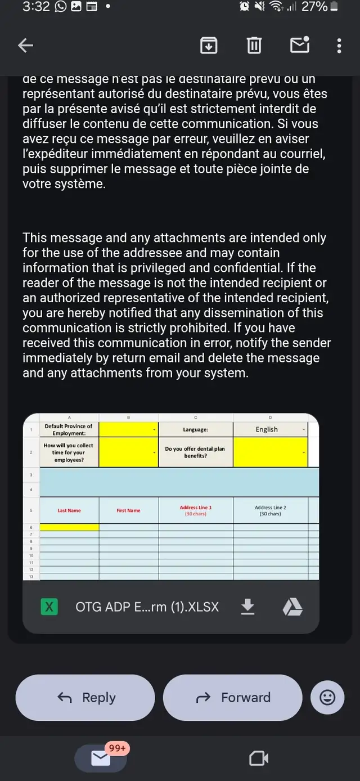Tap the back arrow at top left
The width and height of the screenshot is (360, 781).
click(26, 46)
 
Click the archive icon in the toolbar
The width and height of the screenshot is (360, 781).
click(209, 45)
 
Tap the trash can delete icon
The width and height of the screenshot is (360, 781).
click(254, 45)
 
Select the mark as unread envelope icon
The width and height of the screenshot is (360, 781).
click(299, 44)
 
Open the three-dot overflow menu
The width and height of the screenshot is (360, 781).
click(339, 46)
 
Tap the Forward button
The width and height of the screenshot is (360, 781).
click(233, 698)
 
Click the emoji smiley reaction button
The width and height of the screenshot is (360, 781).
click(327, 698)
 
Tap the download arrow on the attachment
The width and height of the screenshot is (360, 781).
click(247, 607)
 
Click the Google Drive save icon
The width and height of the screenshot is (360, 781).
click(292, 607)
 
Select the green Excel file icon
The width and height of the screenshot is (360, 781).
click(49, 607)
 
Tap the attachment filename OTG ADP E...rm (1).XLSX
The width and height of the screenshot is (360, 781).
click(147, 607)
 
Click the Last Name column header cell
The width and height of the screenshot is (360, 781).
click(69, 510)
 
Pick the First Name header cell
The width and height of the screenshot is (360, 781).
click(128, 510)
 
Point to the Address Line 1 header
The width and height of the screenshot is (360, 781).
click(196, 510)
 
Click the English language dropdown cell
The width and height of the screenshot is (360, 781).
click(271, 429)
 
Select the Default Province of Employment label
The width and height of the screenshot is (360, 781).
click(69, 429)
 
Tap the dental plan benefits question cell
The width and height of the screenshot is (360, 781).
click(195, 452)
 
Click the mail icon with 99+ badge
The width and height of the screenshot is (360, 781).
click(101, 758)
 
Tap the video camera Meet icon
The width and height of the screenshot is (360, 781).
click(259, 758)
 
